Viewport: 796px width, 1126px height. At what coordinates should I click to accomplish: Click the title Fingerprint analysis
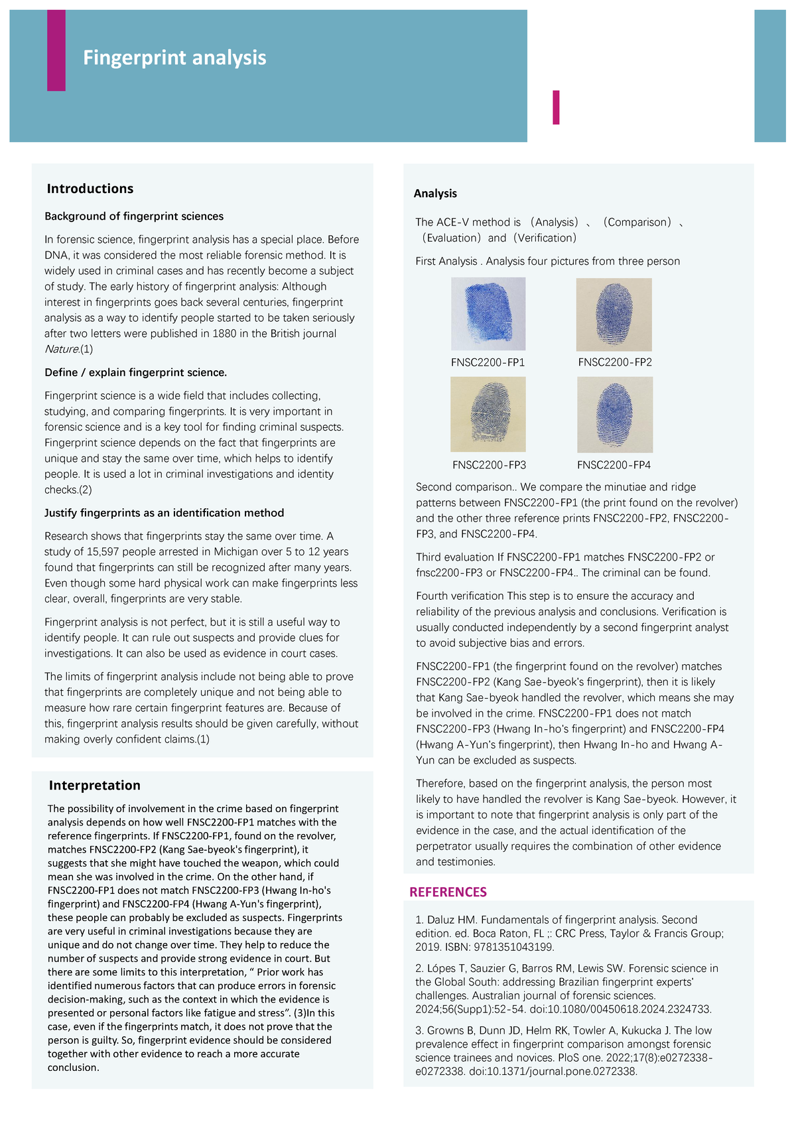174,58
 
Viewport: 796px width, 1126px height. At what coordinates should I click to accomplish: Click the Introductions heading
90,188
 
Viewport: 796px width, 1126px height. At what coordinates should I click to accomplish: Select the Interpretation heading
95,785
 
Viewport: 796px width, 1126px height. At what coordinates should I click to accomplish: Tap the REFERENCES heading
448,892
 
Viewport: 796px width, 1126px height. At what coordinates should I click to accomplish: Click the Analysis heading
435,193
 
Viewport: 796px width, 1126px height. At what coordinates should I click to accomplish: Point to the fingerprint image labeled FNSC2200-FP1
488,314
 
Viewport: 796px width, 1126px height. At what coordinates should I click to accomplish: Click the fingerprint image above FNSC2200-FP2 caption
614,315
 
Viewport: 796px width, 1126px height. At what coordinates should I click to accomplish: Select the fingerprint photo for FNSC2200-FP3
488,414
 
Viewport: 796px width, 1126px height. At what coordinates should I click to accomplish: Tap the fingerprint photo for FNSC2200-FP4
615,415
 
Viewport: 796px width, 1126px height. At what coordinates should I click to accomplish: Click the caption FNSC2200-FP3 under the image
489,465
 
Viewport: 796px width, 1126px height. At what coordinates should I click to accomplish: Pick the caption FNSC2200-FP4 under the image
614,465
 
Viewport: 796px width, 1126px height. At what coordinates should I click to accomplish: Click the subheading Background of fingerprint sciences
134,216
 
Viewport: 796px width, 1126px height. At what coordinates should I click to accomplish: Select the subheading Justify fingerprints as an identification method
164,513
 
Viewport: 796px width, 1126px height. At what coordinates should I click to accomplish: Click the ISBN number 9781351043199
514,947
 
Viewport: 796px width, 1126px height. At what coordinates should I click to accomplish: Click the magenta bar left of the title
56,50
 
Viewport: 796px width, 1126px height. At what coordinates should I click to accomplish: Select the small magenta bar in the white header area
556,107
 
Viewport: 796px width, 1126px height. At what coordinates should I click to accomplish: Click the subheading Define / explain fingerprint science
135,372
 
